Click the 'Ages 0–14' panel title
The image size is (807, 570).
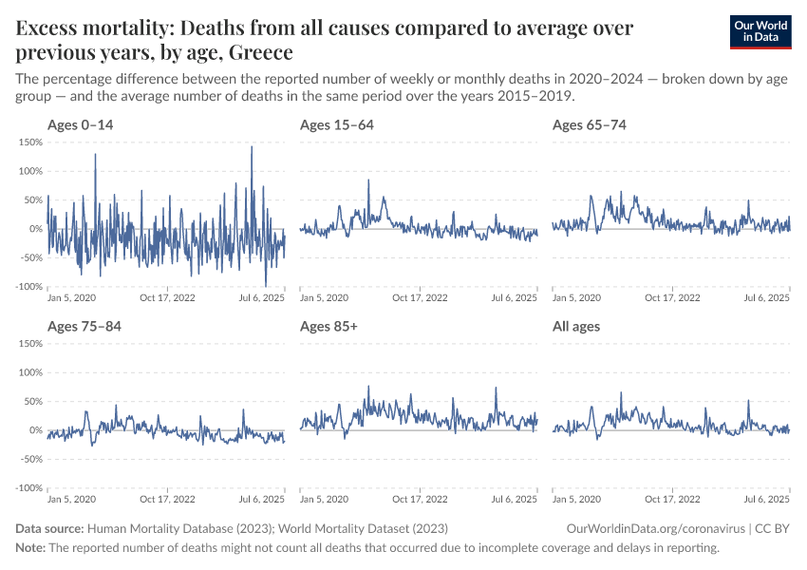tap(81, 125)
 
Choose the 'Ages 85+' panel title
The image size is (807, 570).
tap(328, 327)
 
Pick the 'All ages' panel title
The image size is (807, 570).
tap(576, 327)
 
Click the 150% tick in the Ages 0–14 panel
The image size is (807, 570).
tap(30, 142)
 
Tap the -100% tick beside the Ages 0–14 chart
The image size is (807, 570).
tap(28, 287)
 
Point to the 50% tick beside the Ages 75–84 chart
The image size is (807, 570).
tap(32, 402)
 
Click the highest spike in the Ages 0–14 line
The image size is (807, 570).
tap(252, 146)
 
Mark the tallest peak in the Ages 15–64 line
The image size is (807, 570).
tap(368, 180)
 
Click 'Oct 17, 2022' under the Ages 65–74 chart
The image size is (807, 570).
tap(672, 297)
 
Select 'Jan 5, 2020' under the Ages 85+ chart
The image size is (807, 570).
tap(324, 499)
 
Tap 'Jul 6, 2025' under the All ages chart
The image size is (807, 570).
tap(767, 499)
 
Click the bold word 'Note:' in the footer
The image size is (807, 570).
tap(30, 548)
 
